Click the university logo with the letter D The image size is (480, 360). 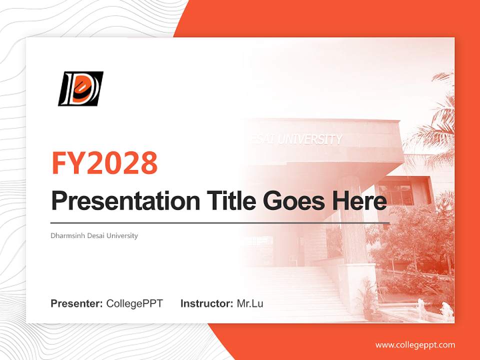point(80,88)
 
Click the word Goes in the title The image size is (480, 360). point(292,201)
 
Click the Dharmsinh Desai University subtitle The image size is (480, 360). point(94,235)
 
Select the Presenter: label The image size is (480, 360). point(77,303)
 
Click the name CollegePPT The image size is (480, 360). point(134,303)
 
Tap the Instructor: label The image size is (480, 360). point(206,303)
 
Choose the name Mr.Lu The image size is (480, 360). point(250,303)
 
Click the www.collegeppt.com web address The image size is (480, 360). point(415,345)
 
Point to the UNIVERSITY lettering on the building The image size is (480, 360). point(310,139)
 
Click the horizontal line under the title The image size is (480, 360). point(220,223)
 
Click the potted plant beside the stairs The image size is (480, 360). point(367,300)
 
